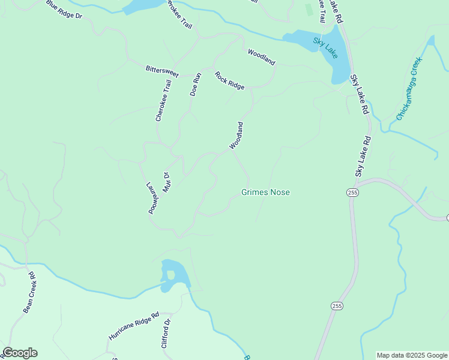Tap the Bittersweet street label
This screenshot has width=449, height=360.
coord(162,70)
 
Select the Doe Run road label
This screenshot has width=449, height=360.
coord(194,84)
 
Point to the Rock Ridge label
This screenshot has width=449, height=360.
coord(230,80)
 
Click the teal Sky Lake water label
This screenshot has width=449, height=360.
coord(325,47)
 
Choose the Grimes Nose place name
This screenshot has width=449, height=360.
coord(265,193)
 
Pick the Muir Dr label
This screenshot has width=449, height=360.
coord(167,183)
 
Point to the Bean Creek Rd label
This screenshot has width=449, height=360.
coord(30,292)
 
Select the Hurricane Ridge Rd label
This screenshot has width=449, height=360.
coord(133,326)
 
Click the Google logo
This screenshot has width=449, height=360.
coord(20,353)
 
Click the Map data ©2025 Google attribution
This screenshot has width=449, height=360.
coord(412,355)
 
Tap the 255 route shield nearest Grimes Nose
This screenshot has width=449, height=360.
coord(352,192)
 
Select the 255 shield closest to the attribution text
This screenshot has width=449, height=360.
coord(337,306)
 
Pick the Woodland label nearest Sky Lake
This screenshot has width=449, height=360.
coord(261,58)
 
